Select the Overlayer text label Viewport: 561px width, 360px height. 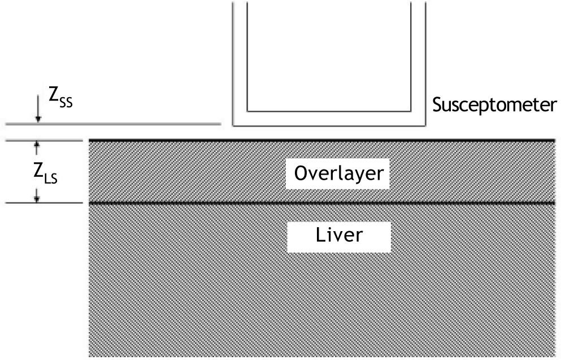(x=338, y=174)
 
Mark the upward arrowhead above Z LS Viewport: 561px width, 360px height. (x=37, y=145)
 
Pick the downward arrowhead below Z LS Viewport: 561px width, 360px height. (x=37, y=198)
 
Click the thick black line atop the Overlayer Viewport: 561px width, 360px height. (x=322, y=140)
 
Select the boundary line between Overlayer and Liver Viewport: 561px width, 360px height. (x=322, y=202)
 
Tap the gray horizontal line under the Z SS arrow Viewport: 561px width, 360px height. (x=113, y=123)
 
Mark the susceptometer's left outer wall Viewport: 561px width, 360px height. (x=233, y=62)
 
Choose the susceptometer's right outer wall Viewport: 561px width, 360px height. (x=425, y=62)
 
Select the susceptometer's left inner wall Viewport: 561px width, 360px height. (x=247, y=57)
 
